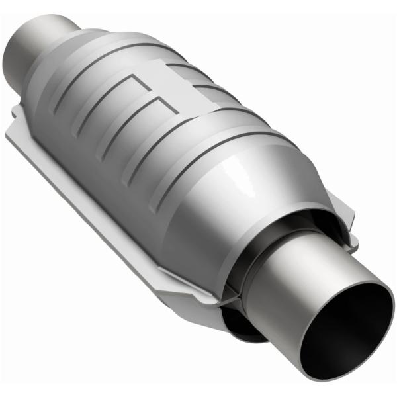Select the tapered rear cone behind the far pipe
click(x=66, y=66)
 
